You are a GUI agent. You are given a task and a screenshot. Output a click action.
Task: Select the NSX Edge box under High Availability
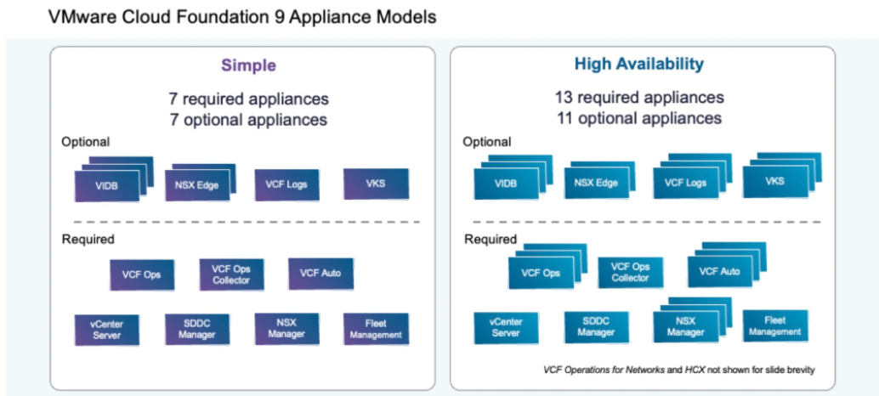594,183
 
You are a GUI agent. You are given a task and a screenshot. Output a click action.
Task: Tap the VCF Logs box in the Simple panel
286,184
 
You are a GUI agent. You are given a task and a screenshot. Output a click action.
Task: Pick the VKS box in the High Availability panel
774,181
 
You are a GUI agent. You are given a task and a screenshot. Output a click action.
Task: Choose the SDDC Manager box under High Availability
596,327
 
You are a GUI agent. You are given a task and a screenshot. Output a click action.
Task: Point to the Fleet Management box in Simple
376,329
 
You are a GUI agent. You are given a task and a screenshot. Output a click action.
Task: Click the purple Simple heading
249,65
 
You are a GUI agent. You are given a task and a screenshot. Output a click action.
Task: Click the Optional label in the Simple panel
85,142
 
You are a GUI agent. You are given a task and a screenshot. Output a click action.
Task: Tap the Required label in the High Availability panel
491,239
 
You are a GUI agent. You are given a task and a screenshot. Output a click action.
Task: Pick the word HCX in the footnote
710,371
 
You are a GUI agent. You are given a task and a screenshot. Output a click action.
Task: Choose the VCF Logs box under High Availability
684,183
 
